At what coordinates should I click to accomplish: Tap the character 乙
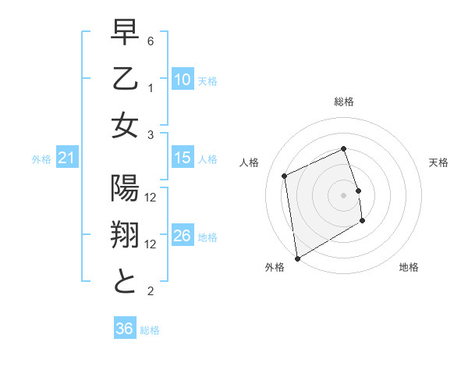(125, 81)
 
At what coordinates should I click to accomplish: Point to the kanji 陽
(125, 190)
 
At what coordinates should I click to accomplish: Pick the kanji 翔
(125, 236)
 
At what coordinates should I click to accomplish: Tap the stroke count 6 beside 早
(151, 41)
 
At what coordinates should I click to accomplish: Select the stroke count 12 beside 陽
(151, 198)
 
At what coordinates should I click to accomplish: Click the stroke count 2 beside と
(151, 291)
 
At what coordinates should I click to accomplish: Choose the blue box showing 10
(182, 80)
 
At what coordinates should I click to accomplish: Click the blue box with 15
(182, 158)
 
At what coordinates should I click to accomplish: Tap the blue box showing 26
(182, 236)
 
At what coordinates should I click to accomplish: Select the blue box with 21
(66, 159)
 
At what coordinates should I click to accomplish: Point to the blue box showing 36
(124, 329)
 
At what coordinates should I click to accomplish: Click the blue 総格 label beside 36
(150, 330)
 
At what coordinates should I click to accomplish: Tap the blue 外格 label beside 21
(41, 159)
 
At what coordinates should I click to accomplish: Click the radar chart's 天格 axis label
(438, 162)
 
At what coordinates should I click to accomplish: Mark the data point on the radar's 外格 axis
(297, 258)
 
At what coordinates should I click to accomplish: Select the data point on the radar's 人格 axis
(285, 175)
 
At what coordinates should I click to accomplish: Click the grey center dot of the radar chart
(344, 194)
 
